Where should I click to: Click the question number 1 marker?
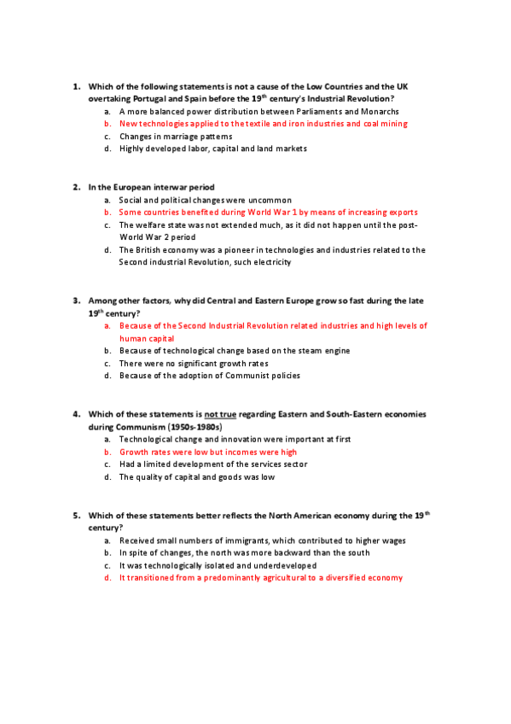coord(76,86)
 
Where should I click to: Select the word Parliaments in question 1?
coord(316,111)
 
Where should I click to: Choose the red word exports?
coord(398,212)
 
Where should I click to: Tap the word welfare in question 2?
coord(152,225)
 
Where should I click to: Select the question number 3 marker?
coord(76,301)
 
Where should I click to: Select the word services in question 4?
coord(270,464)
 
